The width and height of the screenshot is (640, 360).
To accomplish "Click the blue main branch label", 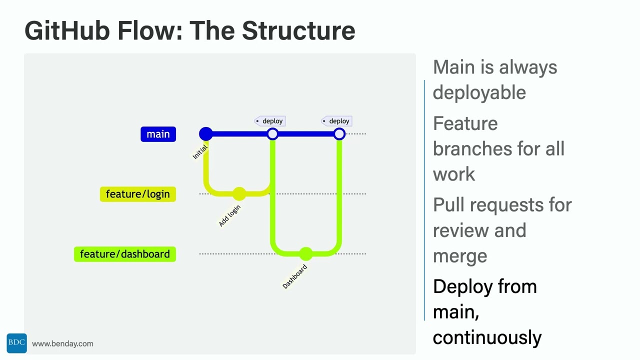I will click(x=158, y=134).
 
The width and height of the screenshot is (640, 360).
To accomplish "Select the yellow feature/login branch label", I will click(x=137, y=194).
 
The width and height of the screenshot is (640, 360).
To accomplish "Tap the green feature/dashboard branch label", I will click(x=124, y=254).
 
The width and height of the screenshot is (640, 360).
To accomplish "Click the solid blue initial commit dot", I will click(x=205, y=134).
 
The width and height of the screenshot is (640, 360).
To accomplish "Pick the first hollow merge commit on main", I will click(x=272, y=134).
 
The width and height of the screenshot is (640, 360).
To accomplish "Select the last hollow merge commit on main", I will click(x=339, y=134).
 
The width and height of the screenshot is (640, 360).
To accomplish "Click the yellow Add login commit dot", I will click(x=239, y=194).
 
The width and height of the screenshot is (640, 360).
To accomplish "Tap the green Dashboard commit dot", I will click(x=305, y=254).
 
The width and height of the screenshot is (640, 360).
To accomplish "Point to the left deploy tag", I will click(x=270, y=121).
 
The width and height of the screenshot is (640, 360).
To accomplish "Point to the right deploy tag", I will click(x=336, y=121).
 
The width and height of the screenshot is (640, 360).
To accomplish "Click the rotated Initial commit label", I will click(x=200, y=152).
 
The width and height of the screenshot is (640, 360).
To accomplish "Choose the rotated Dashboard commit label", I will click(x=295, y=276).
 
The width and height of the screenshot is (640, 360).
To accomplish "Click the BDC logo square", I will click(x=16, y=343).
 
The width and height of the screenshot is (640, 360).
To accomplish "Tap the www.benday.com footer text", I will click(x=62, y=343).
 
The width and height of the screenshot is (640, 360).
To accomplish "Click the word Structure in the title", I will click(x=298, y=31).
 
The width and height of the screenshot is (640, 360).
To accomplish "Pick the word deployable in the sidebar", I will click(x=479, y=92).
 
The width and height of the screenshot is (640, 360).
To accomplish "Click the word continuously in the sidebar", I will click(x=487, y=337).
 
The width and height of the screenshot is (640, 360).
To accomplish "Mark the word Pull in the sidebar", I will click(x=448, y=205).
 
